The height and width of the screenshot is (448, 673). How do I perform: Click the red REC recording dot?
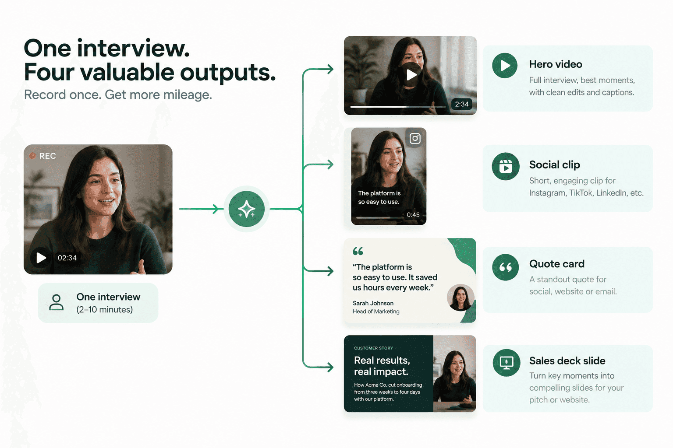(32, 156)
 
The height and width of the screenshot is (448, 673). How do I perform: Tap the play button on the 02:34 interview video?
(41, 257)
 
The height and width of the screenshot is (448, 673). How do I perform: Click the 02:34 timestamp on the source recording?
(67, 258)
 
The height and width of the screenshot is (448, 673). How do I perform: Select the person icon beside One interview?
(56, 302)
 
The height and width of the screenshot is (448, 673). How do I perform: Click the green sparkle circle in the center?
(246, 209)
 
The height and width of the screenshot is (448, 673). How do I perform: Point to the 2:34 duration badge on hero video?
(461, 104)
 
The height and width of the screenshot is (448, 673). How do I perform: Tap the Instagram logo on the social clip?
(415, 138)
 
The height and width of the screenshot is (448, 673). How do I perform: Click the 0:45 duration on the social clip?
(413, 214)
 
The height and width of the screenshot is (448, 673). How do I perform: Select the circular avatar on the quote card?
(460, 297)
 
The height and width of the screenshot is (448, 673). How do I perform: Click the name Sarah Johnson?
(373, 303)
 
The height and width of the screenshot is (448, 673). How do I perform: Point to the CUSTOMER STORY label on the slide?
(373, 348)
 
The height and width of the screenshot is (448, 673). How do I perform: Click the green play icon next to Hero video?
(505, 66)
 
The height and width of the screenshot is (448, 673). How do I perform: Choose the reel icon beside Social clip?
(506, 166)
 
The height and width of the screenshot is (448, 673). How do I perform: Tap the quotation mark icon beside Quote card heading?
(505, 267)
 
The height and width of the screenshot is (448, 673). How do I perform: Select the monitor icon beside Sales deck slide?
(506, 363)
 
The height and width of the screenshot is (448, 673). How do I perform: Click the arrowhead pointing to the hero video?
(330, 69)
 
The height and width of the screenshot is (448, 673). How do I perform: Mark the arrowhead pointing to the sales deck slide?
(330, 367)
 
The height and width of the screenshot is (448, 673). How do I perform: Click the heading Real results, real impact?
(382, 366)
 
